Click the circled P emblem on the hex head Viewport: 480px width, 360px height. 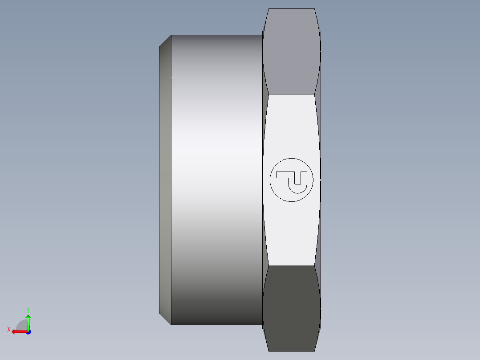(292, 180)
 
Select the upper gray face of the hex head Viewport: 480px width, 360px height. (292, 51)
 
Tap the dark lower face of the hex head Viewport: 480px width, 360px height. (292, 307)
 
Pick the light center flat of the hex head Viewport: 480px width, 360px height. (292, 125)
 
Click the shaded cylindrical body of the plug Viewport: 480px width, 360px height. (216, 178)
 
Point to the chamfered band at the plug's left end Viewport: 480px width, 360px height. (165, 178)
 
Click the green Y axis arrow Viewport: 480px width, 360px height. (28, 320)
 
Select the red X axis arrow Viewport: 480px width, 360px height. (19, 331)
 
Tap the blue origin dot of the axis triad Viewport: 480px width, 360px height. (28, 331)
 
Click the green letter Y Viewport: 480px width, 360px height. (28, 309)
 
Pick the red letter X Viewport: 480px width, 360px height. (8, 329)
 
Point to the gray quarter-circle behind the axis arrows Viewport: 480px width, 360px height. (21, 325)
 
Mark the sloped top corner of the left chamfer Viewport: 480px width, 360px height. (165, 41)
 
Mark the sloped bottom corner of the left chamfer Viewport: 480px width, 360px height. (165, 319)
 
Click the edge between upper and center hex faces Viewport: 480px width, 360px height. (292, 94)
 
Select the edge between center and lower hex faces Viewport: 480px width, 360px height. (292, 266)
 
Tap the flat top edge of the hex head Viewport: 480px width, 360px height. (292, 9)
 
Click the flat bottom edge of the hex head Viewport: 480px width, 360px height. (292, 351)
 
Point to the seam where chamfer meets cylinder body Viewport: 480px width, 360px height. (171, 178)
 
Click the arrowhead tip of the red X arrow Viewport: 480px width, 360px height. (12, 331)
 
